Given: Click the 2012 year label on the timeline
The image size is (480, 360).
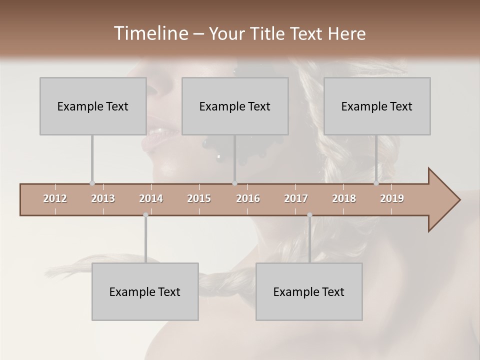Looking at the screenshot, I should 55,198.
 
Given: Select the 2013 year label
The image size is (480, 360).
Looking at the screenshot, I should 103,198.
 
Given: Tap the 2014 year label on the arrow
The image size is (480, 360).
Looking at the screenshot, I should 151,198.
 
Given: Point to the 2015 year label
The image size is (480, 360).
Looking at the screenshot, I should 199,198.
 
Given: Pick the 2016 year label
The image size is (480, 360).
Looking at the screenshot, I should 248,198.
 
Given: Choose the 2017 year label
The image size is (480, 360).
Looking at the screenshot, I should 296,198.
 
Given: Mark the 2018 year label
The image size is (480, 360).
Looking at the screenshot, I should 344,198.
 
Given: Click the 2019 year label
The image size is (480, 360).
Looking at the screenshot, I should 392,198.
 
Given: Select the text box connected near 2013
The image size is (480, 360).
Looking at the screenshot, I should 93,106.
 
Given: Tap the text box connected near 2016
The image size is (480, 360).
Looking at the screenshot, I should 235,106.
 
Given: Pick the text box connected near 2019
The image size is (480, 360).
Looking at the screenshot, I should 377,106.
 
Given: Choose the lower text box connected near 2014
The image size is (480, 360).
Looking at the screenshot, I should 145,291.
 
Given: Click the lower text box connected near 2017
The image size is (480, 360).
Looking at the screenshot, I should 309,291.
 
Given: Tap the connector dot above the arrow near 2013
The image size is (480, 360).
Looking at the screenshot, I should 92,183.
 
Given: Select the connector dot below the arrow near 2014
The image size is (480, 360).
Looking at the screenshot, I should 145,215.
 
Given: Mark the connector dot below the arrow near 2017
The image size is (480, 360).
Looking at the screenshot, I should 309,215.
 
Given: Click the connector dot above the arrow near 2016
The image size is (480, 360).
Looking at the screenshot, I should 234,183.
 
